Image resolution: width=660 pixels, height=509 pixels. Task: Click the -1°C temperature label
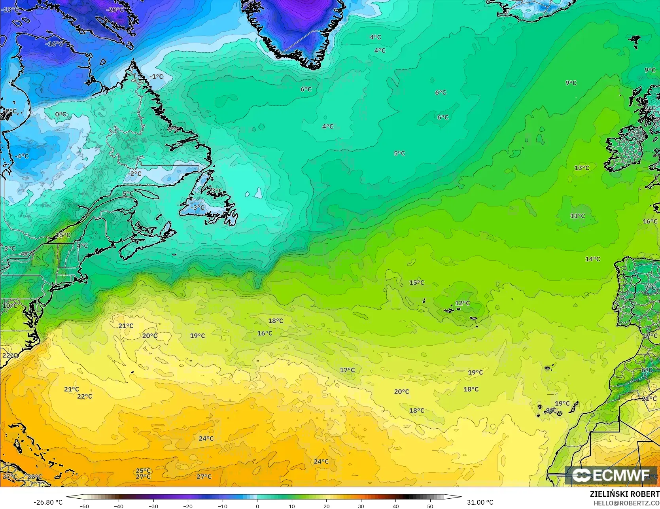[x=157, y=76]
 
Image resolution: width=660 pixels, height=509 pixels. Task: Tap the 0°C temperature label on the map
[x=61, y=114]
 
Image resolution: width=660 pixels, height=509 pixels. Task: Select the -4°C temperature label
[x=22, y=156]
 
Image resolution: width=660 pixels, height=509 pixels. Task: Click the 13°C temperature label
[x=581, y=168]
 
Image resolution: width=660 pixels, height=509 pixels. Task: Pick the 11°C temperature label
[x=577, y=216]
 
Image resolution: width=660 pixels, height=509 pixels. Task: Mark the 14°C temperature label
[x=592, y=259]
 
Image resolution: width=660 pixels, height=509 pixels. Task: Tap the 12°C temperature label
[x=462, y=303]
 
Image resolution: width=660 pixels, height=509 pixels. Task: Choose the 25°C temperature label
[x=143, y=471]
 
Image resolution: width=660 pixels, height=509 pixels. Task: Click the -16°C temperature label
[x=54, y=44]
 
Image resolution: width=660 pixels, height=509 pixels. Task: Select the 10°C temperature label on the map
[x=10, y=306]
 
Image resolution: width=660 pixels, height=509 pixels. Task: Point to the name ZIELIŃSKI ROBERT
[x=624, y=494]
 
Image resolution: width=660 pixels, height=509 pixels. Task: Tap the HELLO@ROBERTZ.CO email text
[x=626, y=502]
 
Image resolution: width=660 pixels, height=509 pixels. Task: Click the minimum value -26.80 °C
[x=48, y=502]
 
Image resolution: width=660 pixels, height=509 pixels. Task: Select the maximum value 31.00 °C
[x=480, y=502]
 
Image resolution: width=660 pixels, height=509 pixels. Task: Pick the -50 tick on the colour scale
[x=84, y=506]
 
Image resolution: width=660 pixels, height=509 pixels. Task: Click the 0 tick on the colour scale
[x=257, y=506]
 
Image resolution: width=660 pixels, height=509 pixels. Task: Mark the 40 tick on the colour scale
[x=395, y=506]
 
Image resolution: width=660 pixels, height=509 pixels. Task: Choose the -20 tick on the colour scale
[x=188, y=506]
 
